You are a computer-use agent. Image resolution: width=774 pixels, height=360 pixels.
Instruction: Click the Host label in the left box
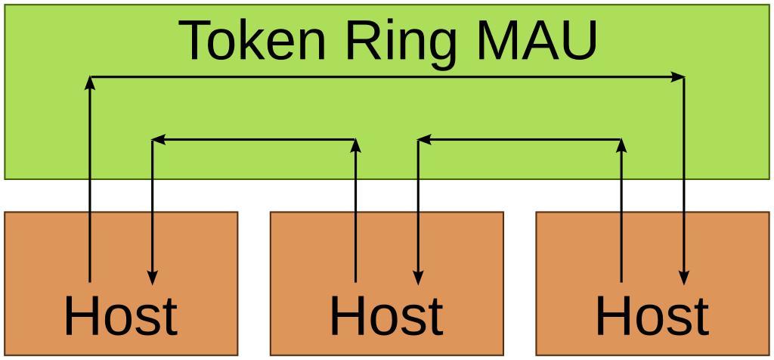[x=121, y=316]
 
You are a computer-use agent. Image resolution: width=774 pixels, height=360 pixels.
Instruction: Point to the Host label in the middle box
[x=386, y=316]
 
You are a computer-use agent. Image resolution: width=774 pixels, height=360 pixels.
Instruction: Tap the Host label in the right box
[x=652, y=316]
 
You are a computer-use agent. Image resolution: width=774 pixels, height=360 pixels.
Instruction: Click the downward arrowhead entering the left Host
[x=153, y=278]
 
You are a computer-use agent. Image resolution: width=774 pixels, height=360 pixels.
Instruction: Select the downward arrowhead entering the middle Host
[x=419, y=278]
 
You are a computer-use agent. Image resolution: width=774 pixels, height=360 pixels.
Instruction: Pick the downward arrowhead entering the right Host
[x=684, y=278]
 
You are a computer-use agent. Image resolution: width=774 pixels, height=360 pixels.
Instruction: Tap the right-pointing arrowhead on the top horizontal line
[x=678, y=76]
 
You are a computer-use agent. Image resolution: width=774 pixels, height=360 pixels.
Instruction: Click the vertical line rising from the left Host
[x=90, y=189]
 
